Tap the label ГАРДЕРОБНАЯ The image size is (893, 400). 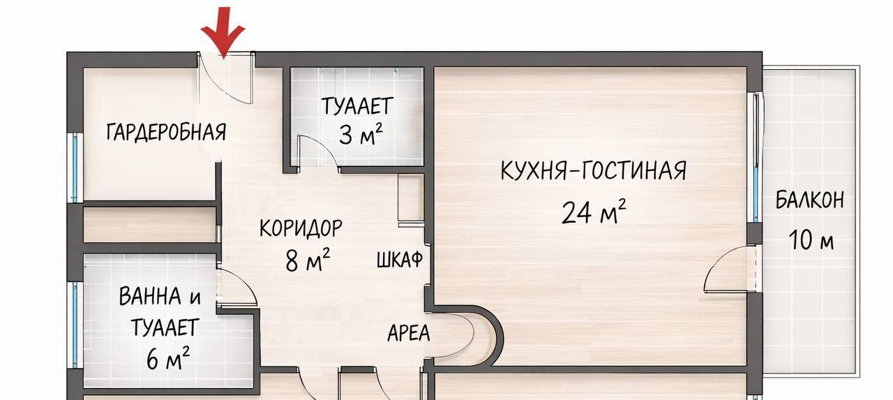(166, 132)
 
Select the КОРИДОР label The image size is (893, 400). (301, 228)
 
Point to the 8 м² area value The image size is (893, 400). (308, 260)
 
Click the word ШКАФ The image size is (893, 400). (400, 260)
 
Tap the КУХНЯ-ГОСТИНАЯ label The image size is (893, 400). (593, 170)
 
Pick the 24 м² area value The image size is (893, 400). (594, 212)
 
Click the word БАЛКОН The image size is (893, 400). (810, 200)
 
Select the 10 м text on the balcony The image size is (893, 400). (811, 242)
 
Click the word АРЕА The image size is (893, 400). (409, 334)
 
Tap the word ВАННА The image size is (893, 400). (150, 297)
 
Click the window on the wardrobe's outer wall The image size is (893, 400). (75, 167)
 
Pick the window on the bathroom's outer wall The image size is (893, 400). (75, 325)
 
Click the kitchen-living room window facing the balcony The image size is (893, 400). (756, 157)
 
